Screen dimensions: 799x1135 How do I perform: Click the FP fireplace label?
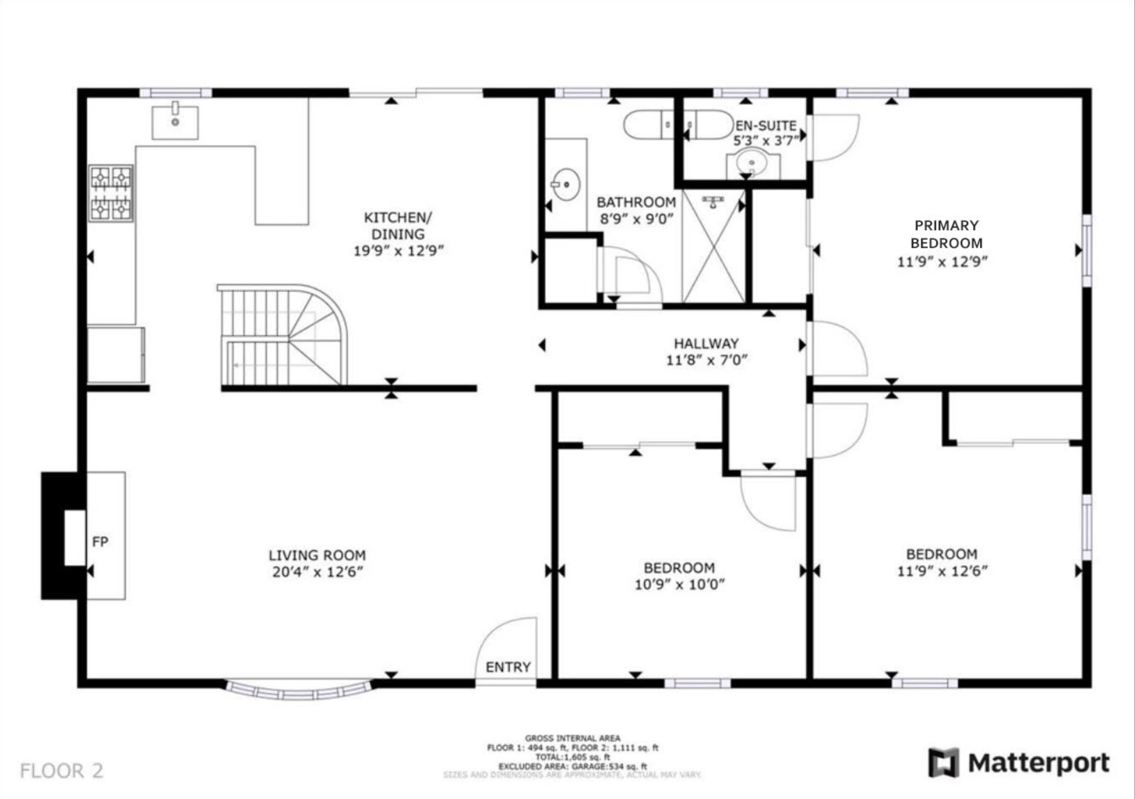[100, 542]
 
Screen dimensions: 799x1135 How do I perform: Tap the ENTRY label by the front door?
[508, 667]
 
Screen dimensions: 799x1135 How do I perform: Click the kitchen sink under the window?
[175, 122]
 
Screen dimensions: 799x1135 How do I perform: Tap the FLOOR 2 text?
[62, 771]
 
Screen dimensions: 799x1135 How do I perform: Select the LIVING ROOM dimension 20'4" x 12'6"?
[318, 572]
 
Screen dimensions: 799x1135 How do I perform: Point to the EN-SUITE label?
[766, 126]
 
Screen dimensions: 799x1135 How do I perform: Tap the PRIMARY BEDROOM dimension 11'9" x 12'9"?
[942, 262]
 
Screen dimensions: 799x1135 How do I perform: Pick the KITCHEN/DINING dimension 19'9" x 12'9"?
[398, 251]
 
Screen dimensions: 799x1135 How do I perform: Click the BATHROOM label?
[636, 202]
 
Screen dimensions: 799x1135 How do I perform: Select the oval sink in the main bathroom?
[566, 184]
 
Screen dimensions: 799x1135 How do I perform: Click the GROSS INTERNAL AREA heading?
[572, 738]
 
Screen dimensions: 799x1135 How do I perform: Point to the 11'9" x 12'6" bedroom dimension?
[942, 571]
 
